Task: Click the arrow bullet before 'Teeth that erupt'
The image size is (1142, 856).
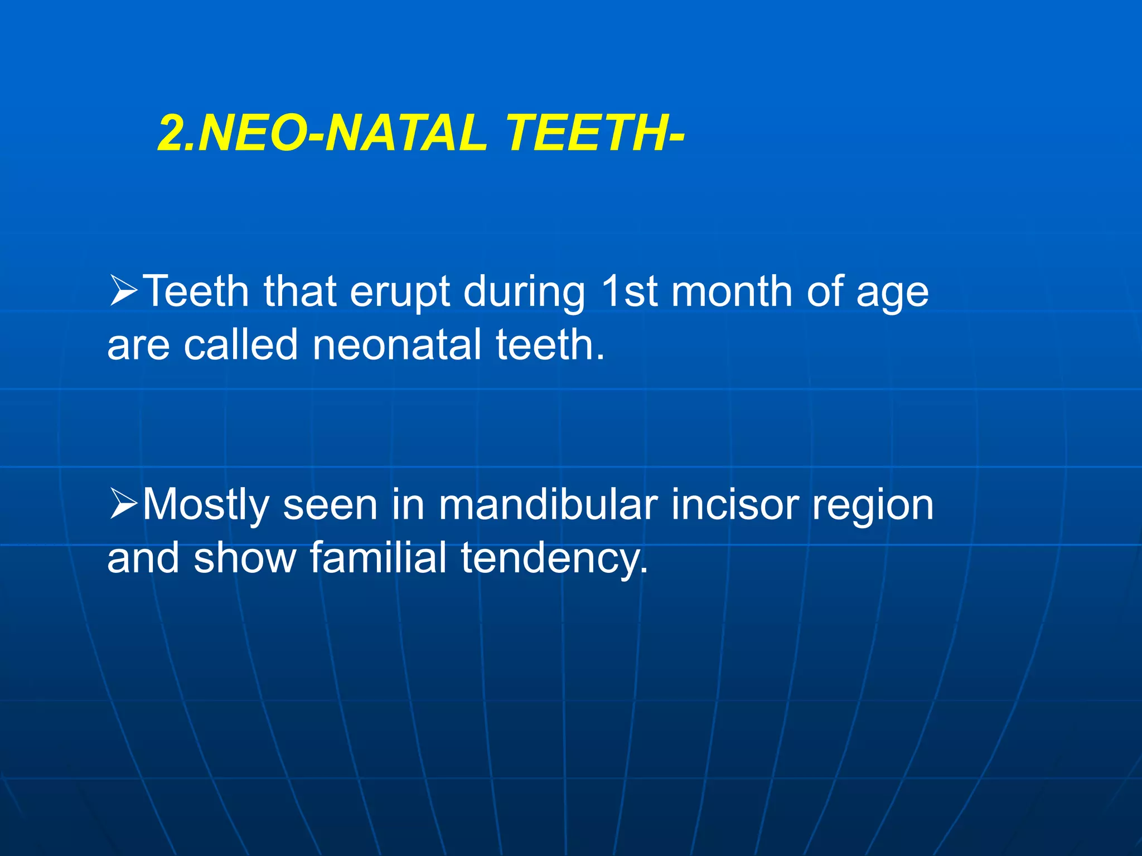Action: [x=123, y=291]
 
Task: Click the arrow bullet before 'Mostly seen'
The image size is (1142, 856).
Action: [x=123, y=504]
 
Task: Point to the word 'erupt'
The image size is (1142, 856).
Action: [x=400, y=293]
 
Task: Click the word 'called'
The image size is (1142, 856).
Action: [x=241, y=344]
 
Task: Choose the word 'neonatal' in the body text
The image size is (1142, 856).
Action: [x=396, y=344]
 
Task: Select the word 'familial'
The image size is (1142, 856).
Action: [x=378, y=557]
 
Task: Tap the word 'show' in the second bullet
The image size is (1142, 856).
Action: [x=245, y=557]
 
